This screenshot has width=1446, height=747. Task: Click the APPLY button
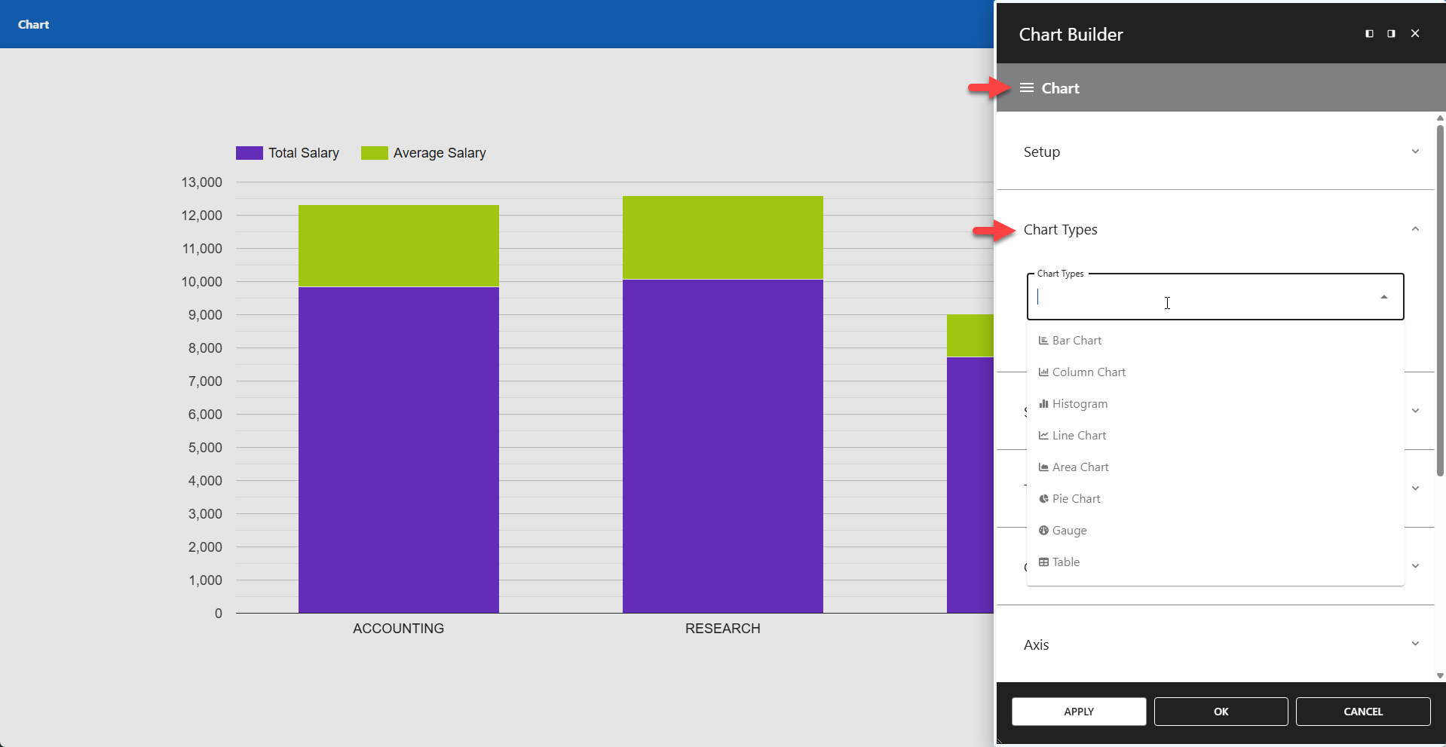(1078, 712)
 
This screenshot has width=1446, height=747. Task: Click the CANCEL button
(1362, 712)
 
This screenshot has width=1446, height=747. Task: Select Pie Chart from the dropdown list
(1076, 499)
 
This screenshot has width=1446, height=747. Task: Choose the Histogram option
(1080, 404)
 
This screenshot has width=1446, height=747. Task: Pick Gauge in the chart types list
(1069, 531)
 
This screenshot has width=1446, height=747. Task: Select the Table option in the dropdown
(1065, 562)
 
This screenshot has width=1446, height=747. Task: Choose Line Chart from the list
(1079, 436)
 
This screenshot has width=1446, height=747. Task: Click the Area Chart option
(1080, 467)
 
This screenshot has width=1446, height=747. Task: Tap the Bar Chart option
(1077, 341)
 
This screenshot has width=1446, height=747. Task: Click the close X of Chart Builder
(1415, 33)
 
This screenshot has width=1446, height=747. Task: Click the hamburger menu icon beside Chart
(1026, 88)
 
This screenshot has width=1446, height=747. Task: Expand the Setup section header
(1215, 152)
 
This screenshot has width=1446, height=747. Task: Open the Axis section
(1215, 644)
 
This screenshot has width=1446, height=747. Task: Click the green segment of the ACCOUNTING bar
(398, 246)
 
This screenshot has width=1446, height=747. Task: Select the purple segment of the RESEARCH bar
(722, 445)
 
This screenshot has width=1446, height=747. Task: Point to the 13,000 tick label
(202, 182)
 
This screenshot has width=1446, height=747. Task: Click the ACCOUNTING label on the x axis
(398, 629)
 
